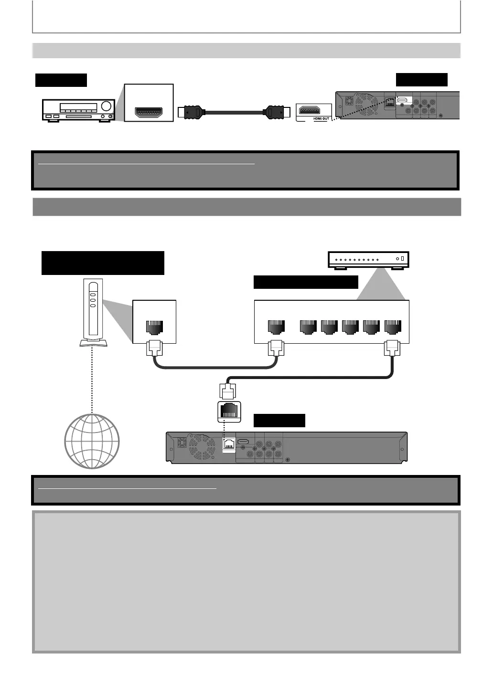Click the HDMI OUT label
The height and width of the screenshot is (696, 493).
point(321,118)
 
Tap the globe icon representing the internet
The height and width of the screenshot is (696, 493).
point(92,441)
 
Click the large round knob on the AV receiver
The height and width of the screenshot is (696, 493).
point(106,106)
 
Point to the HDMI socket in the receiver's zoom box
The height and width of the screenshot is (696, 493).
point(149,112)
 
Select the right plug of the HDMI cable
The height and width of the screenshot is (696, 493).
point(275,113)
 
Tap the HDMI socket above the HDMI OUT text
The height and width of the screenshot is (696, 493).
point(314,110)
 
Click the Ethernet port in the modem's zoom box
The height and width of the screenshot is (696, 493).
point(154,327)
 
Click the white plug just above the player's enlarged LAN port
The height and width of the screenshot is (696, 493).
point(227,390)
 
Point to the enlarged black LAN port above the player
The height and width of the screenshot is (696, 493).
point(229,411)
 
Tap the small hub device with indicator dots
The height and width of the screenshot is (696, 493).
point(368,260)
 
